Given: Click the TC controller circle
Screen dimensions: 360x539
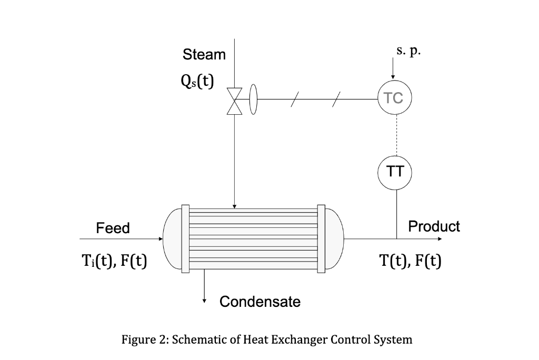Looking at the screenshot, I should (395, 98).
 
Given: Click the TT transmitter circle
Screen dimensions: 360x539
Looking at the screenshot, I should (395, 172).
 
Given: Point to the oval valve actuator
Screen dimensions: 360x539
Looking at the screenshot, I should (253, 99).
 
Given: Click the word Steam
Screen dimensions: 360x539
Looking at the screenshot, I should (204, 55).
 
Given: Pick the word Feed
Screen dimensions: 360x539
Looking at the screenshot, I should (113, 228).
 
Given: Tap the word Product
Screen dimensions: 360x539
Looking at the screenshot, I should (434, 226).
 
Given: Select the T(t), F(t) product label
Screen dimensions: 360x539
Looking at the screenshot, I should (411, 261).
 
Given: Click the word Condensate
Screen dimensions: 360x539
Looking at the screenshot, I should (260, 302).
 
